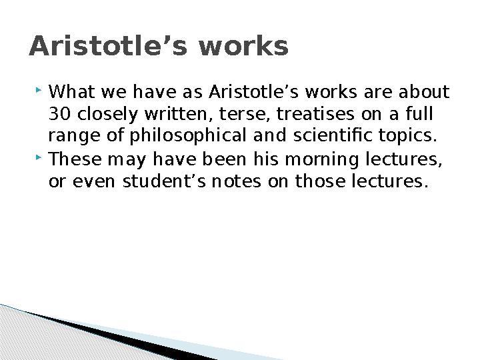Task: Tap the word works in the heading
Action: [x=243, y=46]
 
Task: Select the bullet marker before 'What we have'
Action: [x=38, y=90]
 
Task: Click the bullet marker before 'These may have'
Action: [x=38, y=157]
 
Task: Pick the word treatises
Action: [x=315, y=113]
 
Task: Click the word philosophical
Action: [x=188, y=136]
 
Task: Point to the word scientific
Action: [x=333, y=135]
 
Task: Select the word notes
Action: [x=236, y=182]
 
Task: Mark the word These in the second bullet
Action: [x=75, y=159]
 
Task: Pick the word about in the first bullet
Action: [x=424, y=91]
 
